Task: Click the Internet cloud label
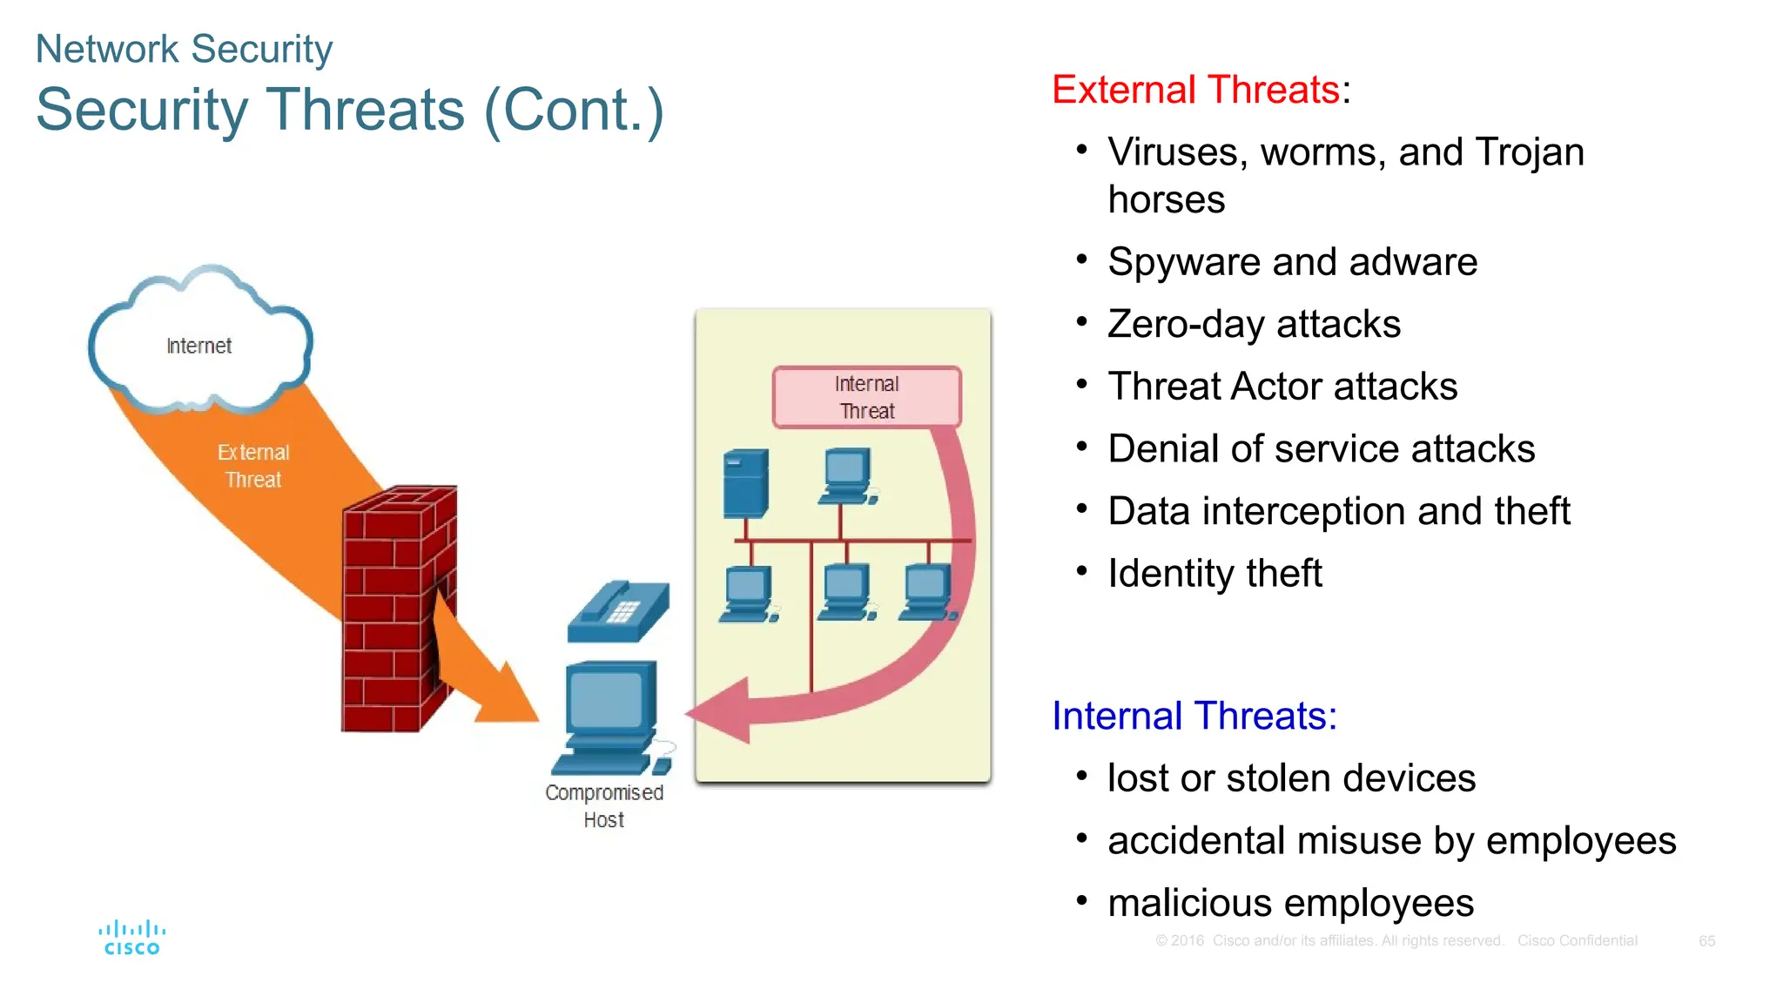[198, 346]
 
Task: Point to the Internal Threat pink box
[866, 397]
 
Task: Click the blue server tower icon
[746, 483]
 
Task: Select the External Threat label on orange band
[253, 466]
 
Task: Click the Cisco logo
[131, 939]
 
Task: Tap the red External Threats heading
[1195, 90]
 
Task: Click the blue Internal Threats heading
[1194, 716]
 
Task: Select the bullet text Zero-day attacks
[1254, 324]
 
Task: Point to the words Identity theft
[1214, 574]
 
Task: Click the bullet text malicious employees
[1290, 903]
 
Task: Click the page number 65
[1706, 941]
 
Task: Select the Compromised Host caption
[604, 805]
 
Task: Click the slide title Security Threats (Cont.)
[350, 111]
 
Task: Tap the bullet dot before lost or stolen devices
[1081, 776]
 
